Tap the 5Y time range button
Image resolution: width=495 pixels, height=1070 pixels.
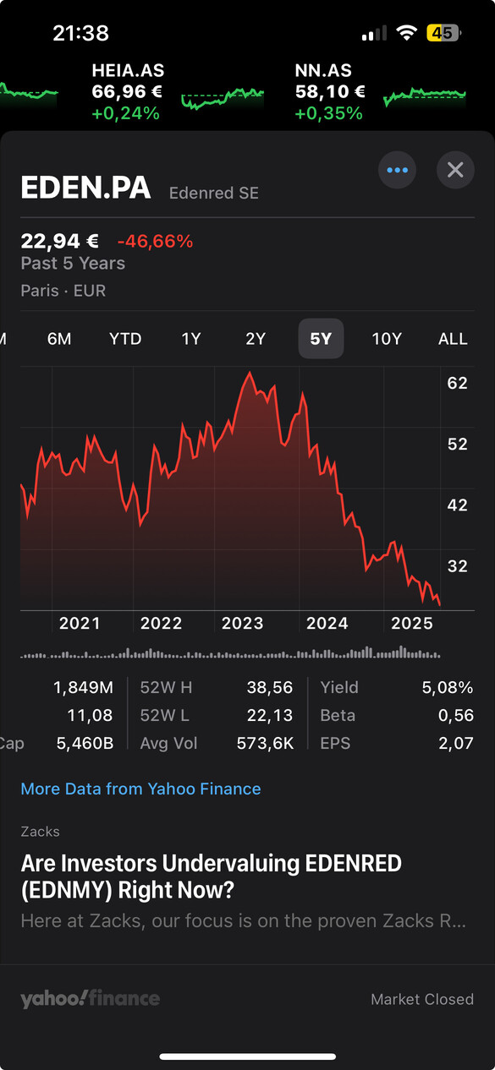(321, 339)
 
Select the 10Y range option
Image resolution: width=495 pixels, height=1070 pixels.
(387, 339)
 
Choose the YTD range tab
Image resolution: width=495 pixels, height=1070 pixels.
(125, 339)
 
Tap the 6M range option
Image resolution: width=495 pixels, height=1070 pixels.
(59, 339)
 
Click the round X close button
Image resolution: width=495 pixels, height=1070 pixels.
(455, 170)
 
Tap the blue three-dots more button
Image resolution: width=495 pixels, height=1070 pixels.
(397, 170)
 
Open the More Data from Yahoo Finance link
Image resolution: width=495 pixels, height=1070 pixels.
(140, 789)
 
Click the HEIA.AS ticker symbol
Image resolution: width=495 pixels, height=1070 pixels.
(128, 71)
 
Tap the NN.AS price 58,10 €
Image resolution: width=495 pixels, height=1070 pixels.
(330, 91)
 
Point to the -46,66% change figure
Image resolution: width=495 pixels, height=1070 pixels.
(155, 241)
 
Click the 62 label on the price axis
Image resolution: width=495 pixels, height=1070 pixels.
(457, 383)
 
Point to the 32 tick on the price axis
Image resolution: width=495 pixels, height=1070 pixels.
(457, 566)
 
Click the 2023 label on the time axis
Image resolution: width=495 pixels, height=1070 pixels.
(243, 624)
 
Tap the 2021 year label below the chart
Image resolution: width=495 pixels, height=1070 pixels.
(80, 624)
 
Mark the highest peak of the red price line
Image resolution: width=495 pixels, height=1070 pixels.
(249, 372)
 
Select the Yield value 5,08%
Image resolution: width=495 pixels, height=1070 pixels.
(447, 687)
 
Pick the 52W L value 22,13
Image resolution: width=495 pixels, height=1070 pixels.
(270, 715)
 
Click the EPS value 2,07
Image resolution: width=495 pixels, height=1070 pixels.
(456, 743)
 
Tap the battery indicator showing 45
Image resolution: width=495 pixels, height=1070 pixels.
(443, 33)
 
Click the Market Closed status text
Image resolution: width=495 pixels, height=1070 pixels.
(422, 999)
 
